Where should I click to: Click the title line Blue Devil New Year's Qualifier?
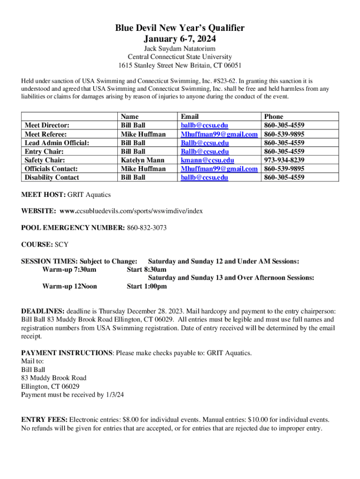[180, 29]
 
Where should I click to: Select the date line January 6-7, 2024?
[180, 39]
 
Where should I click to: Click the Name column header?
[130, 116]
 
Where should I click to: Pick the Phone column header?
[274, 116]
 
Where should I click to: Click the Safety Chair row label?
[44, 160]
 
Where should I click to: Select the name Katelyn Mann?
[142, 160]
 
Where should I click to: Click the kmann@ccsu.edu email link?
[207, 160]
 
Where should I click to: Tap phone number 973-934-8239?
[284, 160]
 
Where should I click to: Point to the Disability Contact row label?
[51, 177]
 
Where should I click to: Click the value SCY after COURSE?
[62, 245]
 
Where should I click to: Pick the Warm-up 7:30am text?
[69, 269]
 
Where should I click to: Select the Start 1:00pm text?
[146, 286]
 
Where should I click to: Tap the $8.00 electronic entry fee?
[131, 420]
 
